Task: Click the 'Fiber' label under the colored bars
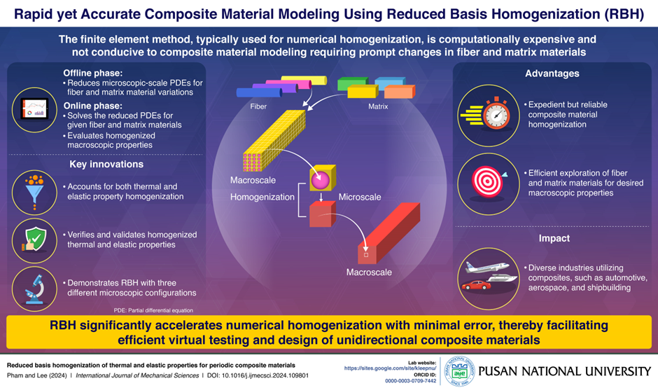tap(258, 107)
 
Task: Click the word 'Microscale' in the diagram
tap(360, 197)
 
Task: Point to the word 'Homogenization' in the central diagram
tap(262, 197)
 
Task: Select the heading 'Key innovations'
tap(106, 165)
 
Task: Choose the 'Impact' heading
tap(554, 238)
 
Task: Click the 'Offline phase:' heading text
tap(92, 73)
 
